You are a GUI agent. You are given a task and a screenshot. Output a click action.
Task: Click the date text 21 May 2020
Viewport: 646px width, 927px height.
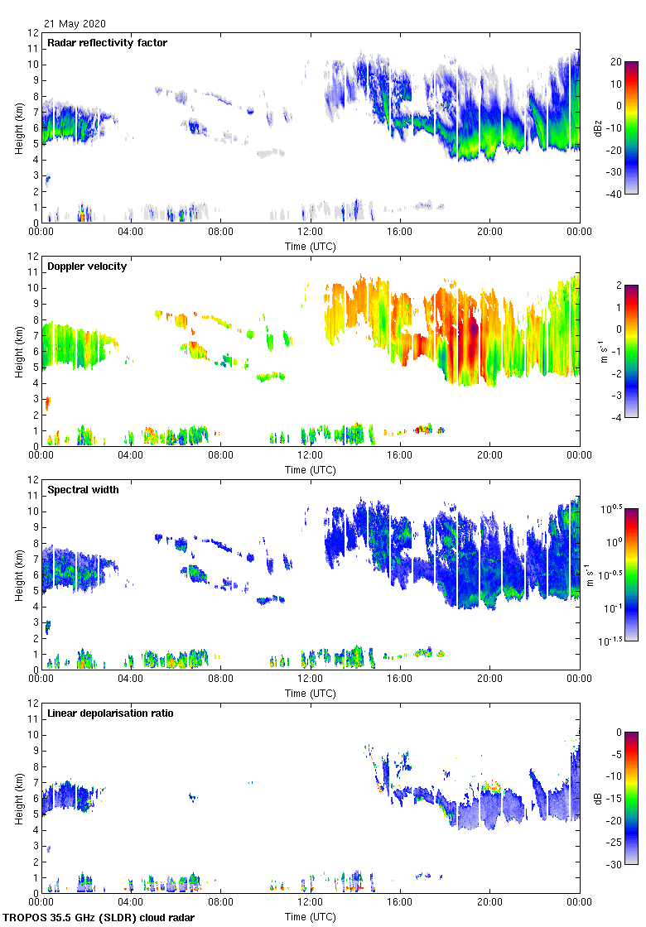click(x=75, y=24)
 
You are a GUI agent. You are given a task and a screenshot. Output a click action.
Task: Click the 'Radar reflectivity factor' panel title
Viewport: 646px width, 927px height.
click(x=107, y=42)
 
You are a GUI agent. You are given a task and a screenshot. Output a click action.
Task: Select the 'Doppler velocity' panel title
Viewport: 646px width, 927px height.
click(x=85, y=266)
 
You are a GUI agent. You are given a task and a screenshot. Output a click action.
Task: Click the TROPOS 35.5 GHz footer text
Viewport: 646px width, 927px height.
click(x=99, y=917)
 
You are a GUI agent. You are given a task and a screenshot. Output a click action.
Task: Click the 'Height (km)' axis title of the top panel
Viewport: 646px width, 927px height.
click(x=17, y=127)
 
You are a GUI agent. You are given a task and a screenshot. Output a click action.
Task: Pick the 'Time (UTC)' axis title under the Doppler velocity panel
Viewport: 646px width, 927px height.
click(x=311, y=469)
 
